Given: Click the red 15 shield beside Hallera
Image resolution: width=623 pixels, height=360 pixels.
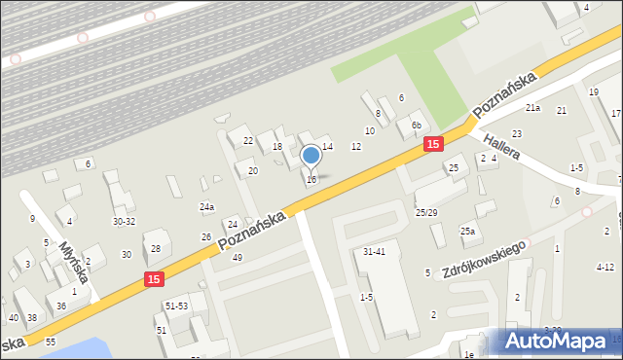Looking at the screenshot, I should [433, 144].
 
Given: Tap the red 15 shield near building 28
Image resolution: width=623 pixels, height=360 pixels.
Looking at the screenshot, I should [153, 279].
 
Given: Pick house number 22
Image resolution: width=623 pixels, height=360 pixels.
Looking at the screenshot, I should [248, 141].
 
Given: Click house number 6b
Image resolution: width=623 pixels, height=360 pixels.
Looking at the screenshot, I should [416, 125].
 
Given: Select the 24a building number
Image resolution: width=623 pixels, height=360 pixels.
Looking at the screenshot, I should [206, 207].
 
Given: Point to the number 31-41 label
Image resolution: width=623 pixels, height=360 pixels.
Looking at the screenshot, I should [375, 252].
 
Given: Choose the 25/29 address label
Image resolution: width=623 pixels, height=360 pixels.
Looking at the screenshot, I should [426, 212].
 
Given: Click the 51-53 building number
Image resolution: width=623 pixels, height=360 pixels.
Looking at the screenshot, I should [176, 306].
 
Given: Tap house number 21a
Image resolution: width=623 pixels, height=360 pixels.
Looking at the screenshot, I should [532, 107].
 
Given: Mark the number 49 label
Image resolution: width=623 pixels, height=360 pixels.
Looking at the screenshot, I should [237, 258].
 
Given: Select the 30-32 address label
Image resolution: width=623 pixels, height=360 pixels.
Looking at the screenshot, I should [124, 222].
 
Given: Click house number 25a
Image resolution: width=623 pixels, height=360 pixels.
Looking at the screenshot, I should [468, 231].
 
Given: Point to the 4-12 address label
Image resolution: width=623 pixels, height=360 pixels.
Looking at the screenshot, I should [605, 267].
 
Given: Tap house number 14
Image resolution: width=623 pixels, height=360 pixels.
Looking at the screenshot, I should [327, 146].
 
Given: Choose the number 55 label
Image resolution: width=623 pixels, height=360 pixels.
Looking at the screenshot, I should [51, 342].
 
